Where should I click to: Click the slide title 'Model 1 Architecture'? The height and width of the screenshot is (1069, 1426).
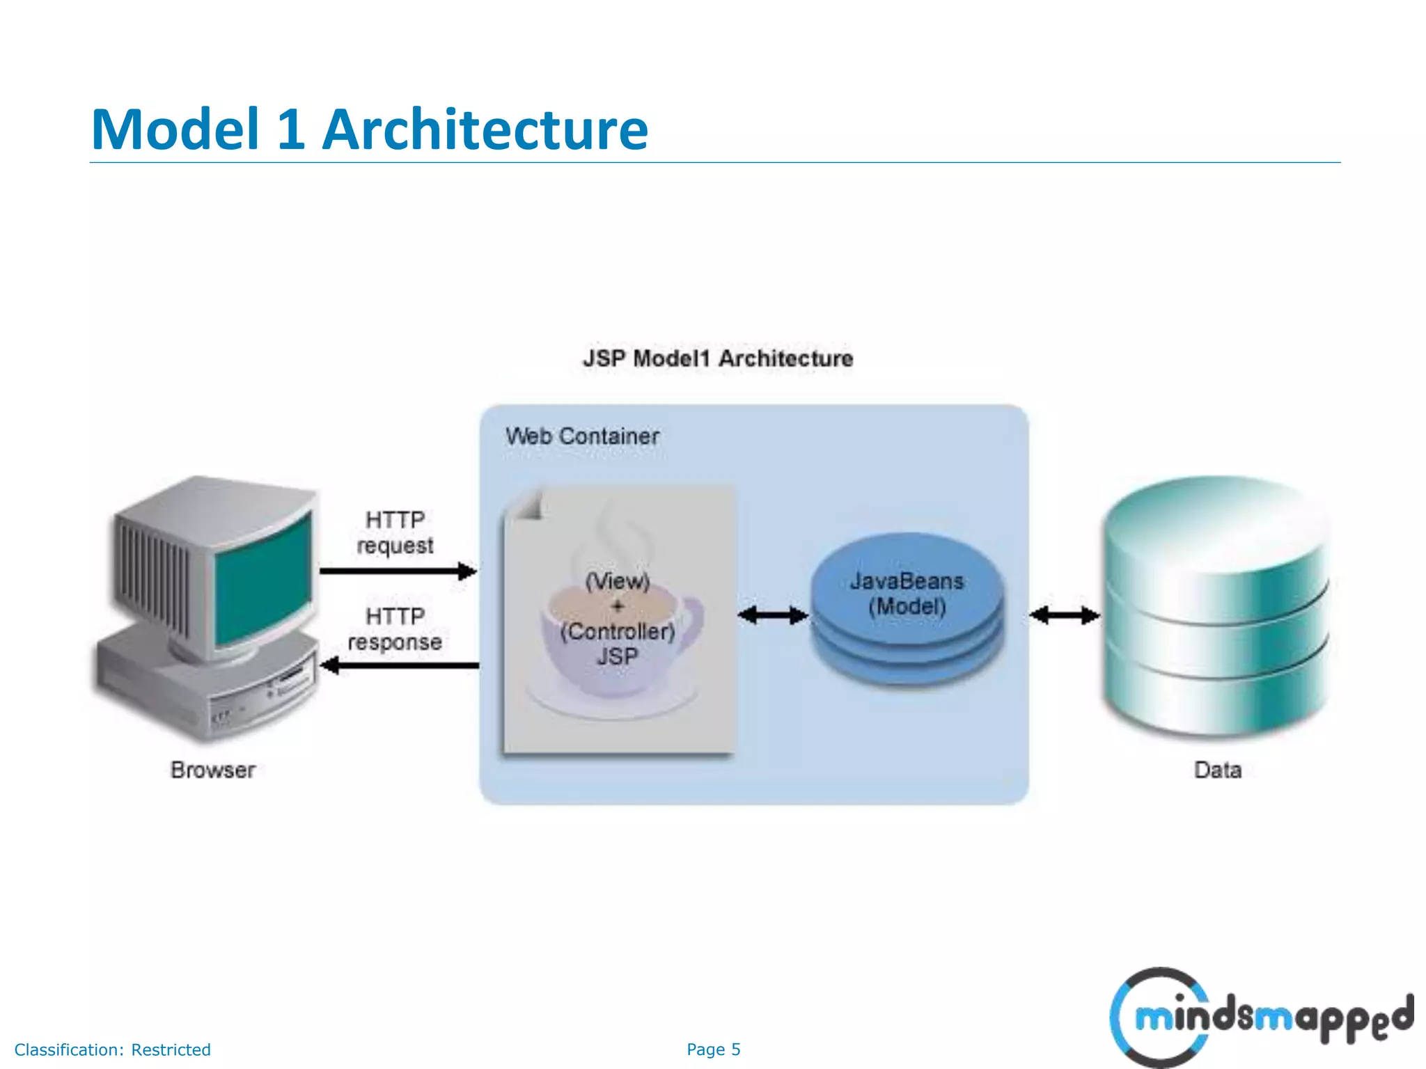[369, 129]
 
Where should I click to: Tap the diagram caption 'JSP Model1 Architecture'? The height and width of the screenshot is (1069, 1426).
[718, 358]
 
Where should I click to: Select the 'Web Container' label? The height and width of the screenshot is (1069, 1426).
[582, 436]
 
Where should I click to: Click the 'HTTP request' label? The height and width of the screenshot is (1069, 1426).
[395, 532]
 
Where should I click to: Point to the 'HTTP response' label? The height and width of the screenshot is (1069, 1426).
[395, 629]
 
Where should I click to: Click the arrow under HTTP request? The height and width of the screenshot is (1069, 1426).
[398, 571]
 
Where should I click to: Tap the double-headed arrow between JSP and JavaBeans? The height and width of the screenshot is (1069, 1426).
[772, 615]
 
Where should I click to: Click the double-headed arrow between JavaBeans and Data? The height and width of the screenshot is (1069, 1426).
[1064, 615]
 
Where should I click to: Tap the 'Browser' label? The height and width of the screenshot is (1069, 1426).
[213, 770]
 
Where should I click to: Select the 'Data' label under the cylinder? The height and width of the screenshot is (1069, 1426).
[1218, 770]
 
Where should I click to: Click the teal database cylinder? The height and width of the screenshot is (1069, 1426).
[1215, 605]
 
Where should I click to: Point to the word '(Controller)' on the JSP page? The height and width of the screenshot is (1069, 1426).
[618, 632]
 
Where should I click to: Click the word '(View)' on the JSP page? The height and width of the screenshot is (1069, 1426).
[618, 581]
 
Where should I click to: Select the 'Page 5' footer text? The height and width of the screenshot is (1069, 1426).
[713, 1050]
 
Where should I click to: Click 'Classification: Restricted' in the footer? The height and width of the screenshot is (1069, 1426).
[113, 1050]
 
